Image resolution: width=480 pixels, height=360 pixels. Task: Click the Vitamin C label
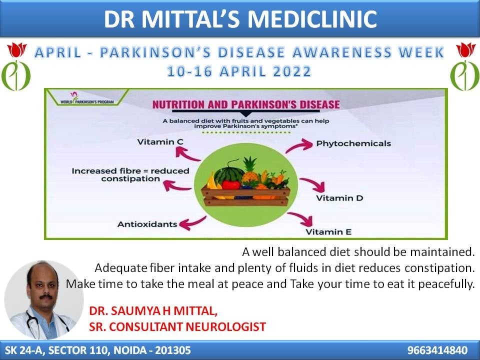click(160, 142)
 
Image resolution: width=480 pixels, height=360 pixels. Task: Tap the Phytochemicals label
click(353, 143)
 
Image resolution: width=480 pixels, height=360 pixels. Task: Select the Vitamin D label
click(339, 198)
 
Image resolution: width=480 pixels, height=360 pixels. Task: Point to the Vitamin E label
click(328, 231)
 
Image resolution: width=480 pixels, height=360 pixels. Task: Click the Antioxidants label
click(147, 224)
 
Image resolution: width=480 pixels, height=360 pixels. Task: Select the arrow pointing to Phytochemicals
click(298, 146)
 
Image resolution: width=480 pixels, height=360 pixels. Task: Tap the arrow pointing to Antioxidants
click(192, 223)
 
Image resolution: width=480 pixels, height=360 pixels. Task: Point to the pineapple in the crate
click(250, 171)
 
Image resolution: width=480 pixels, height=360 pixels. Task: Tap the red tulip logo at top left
click(17, 49)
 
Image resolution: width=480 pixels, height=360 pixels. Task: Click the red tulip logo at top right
click(465, 49)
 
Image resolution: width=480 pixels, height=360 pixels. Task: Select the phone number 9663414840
click(437, 350)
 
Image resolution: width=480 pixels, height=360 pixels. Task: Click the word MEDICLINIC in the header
click(312, 19)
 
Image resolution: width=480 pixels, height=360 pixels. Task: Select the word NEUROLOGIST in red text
click(225, 326)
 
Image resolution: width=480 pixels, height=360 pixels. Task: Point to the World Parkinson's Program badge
click(87, 97)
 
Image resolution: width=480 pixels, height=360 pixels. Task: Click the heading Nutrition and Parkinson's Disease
click(246, 104)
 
